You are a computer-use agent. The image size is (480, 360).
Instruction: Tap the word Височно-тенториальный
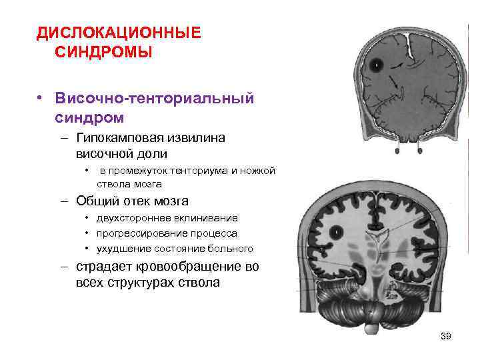[x=155, y=99]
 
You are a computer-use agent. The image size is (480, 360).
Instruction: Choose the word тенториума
[x=195, y=171]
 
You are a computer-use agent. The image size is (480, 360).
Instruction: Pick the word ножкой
[x=257, y=171]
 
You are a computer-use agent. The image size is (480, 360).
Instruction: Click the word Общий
[x=99, y=201]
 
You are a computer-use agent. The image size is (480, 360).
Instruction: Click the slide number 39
[x=446, y=336]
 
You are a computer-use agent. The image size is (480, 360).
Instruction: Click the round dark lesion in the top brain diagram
[x=377, y=65]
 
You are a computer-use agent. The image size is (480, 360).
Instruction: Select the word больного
[x=231, y=249]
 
